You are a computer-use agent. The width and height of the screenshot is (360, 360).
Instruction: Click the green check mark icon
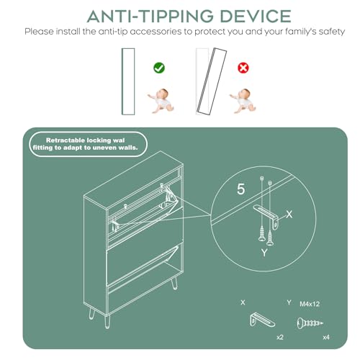(x=159, y=68)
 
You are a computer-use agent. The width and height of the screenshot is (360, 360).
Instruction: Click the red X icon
(x=243, y=68)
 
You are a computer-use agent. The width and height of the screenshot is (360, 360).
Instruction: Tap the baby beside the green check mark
(x=161, y=101)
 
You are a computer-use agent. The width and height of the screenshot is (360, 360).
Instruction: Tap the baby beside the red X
(x=243, y=101)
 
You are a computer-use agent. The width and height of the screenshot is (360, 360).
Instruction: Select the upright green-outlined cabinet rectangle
(x=128, y=81)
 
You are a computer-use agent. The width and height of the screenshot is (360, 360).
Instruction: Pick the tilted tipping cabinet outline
(x=212, y=81)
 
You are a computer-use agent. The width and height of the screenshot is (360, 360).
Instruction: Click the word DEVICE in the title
(x=256, y=17)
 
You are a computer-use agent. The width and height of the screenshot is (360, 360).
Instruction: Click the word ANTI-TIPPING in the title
(x=150, y=17)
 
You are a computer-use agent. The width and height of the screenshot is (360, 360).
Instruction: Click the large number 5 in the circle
(x=241, y=189)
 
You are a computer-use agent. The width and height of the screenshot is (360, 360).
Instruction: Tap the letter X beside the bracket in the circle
(x=289, y=214)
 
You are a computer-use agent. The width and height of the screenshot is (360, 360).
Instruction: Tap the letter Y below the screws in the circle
(x=264, y=253)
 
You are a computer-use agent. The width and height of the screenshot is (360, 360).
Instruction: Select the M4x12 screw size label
(x=310, y=304)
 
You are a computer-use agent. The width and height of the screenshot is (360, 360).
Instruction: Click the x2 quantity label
(x=280, y=337)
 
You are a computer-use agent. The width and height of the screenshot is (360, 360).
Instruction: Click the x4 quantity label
(x=326, y=337)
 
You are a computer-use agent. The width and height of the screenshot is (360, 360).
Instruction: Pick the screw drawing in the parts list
(x=310, y=323)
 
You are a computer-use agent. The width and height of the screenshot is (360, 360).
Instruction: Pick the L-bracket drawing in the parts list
(x=262, y=320)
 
